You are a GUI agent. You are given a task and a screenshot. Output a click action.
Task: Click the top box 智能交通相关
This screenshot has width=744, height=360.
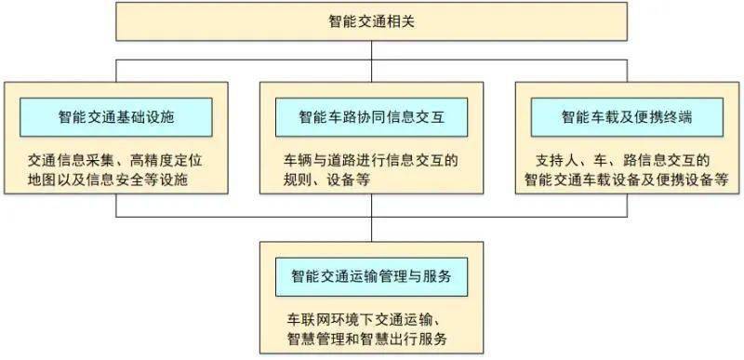click(371, 20)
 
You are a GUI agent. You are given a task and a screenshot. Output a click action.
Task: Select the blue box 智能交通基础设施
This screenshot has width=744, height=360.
click(116, 118)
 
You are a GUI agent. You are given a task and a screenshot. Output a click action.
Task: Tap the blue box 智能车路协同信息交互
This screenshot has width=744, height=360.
click(371, 118)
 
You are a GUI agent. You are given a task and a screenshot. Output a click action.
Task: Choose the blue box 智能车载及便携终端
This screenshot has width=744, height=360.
click(626, 118)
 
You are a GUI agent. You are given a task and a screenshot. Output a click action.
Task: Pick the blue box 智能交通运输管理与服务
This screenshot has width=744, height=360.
click(371, 277)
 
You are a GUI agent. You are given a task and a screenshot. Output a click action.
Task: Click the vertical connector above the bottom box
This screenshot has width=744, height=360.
click(371, 229)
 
